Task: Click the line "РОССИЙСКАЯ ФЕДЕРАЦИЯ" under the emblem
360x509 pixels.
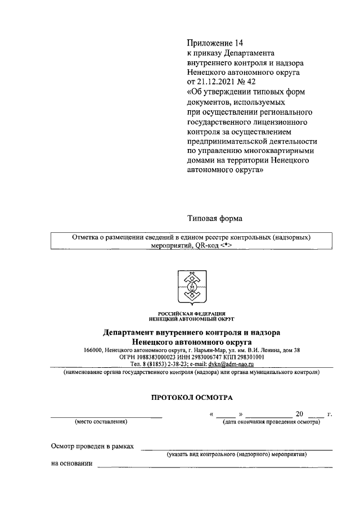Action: coord(191,313)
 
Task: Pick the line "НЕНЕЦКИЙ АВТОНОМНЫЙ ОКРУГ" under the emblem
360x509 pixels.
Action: coord(191,318)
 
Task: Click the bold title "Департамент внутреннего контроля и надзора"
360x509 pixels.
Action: coord(191,332)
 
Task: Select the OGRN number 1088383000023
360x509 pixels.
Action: coord(154,357)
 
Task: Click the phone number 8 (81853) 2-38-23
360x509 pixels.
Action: coord(165,364)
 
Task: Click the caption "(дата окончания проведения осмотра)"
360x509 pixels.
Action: coord(272,422)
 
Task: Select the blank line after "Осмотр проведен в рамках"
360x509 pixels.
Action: coord(236,448)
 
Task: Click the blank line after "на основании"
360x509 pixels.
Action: coord(214,466)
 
